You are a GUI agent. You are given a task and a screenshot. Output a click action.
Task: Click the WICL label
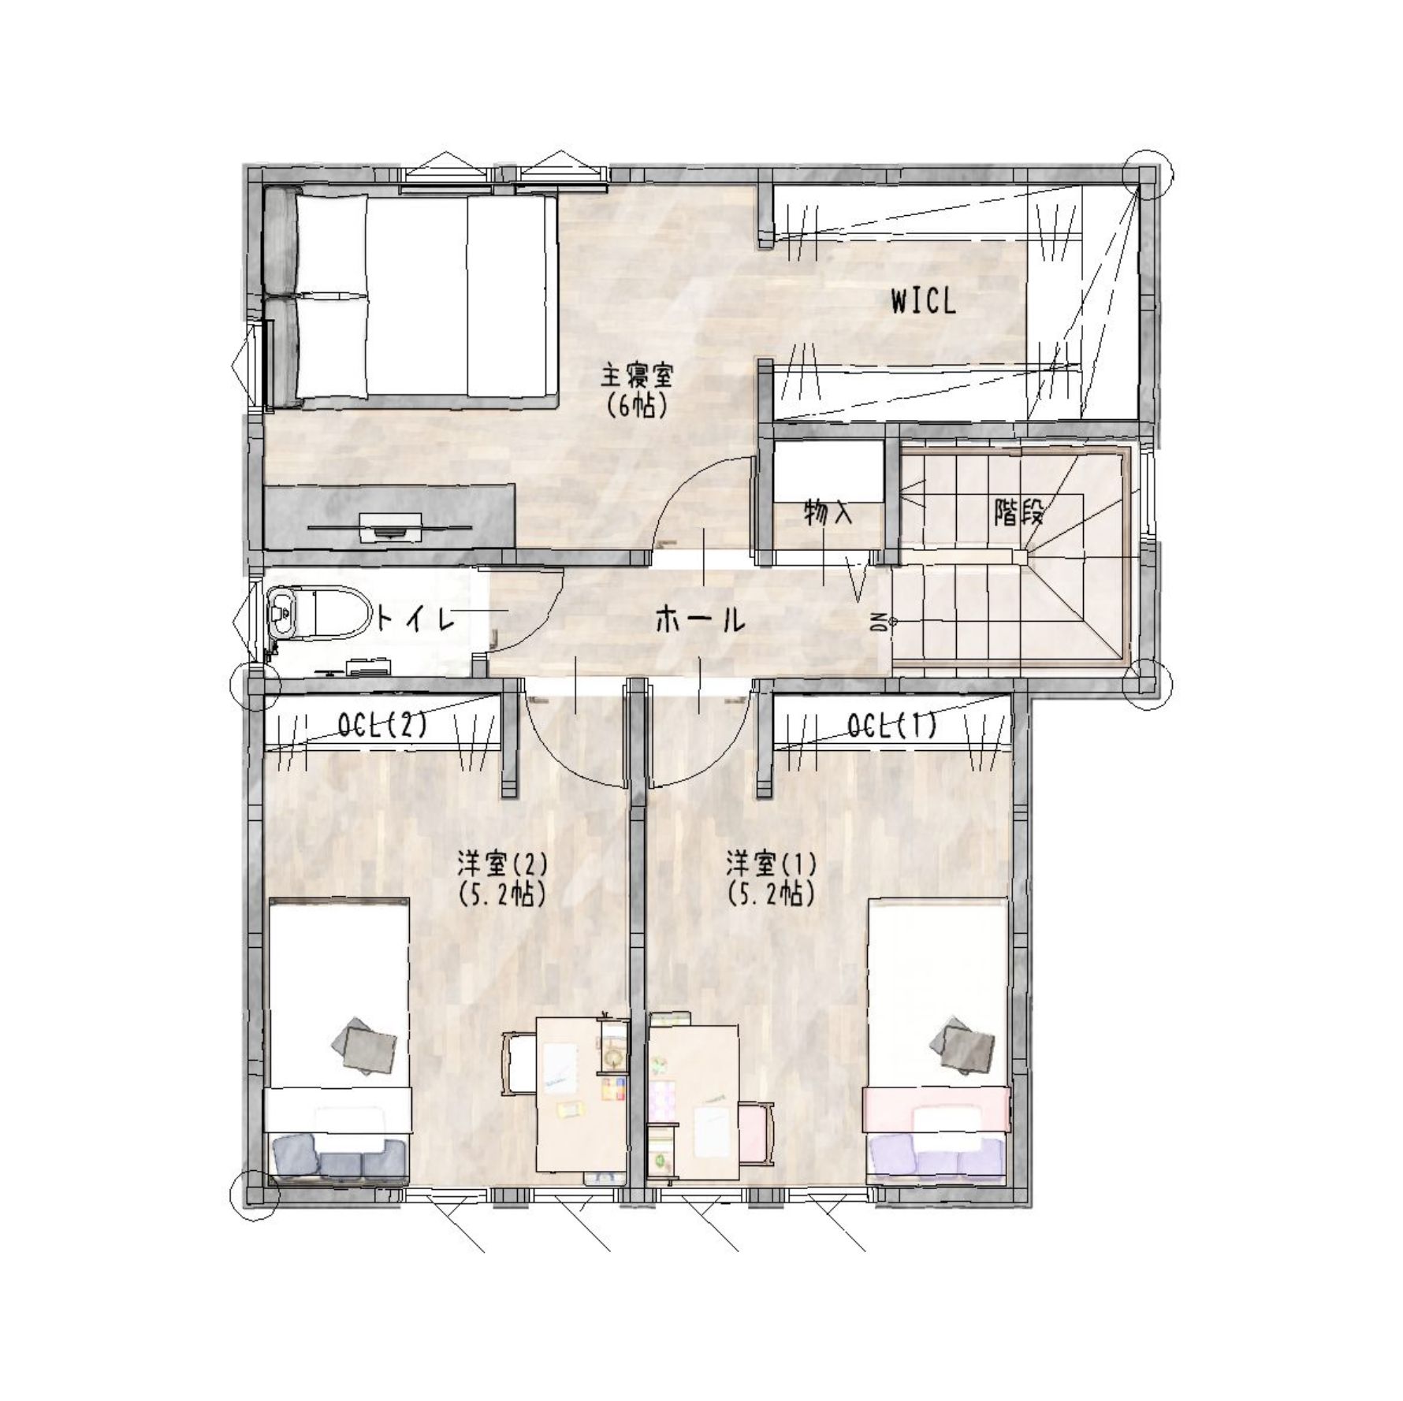pos(923,302)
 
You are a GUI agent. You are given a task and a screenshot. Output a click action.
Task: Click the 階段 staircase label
pos(1018,514)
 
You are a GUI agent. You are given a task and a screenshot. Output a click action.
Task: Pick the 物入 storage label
pos(828,514)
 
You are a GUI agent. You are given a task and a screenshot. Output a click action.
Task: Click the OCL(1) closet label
pos(892,726)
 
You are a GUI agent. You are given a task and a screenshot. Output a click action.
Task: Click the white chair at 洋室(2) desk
pos(519,1063)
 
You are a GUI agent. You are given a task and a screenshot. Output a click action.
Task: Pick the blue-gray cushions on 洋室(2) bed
pos(339,1161)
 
